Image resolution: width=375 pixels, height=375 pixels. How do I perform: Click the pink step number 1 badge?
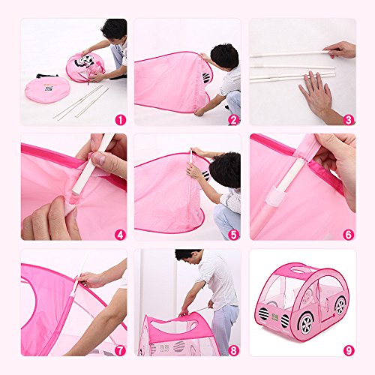pyautogui.click(x=121, y=120)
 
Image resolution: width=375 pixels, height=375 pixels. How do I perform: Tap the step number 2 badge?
pyautogui.click(x=233, y=120)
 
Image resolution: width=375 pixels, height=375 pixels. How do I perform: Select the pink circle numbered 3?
pyautogui.click(x=349, y=120)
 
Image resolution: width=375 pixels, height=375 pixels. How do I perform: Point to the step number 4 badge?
pyautogui.click(x=121, y=235)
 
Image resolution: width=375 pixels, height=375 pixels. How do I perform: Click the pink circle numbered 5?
pyautogui.click(x=233, y=235)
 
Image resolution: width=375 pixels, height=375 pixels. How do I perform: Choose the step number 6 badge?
pyautogui.click(x=349, y=235)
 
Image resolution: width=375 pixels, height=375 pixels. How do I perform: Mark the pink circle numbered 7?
pyautogui.click(x=121, y=350)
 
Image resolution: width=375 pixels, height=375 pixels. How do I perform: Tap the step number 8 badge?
pyautogui.click(x=233, y=350)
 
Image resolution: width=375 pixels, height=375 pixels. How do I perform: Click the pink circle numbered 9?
pyautogui.click(x=349, y=350)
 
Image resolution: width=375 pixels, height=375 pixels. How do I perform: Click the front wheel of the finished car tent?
pyautogui.click(x=306, y=323)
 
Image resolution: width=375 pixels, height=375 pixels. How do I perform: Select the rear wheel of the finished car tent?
pyautogui.click(x=340, y=305)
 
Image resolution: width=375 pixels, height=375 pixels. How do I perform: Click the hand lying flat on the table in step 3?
pyautogui.click(x=316, y=94)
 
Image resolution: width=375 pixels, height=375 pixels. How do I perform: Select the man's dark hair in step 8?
pyautogui.click(x=186, y=253)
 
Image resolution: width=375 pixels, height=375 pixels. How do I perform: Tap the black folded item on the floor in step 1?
pyautogui.click(x=46, y=76)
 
